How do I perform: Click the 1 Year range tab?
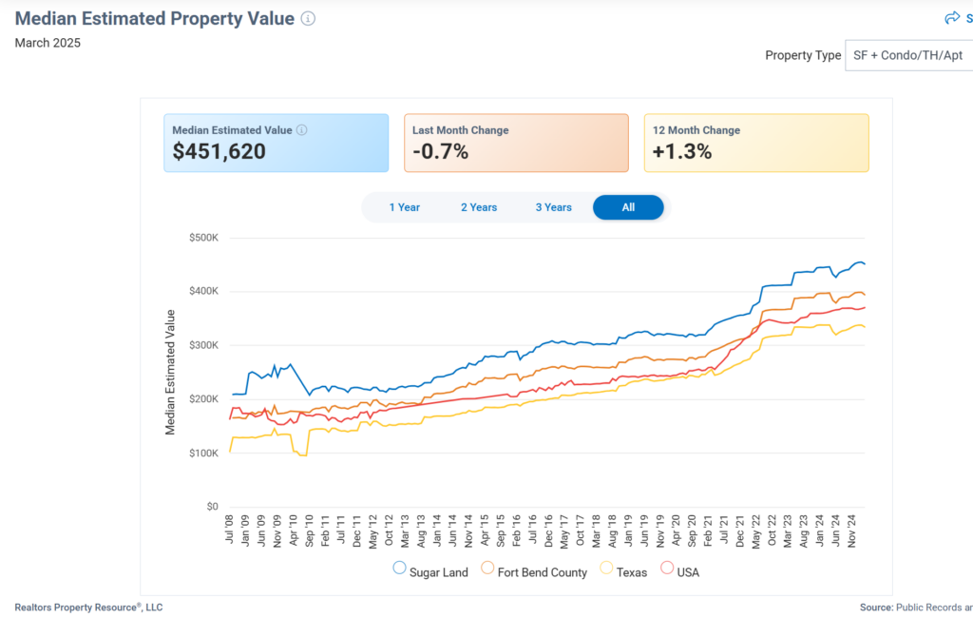click(404, 207)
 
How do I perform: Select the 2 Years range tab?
click(479, 207)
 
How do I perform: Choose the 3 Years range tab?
click(553, 207)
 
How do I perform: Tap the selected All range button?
click(628, 207)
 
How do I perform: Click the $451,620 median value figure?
click(219, 151)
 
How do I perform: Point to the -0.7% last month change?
click(440, 151)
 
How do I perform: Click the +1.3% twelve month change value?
click(682, 151)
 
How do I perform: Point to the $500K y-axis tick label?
click(203, 237)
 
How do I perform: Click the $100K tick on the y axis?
click(203, 454)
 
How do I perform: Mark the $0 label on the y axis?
click(212, 507)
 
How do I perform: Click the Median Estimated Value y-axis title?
click(171, 372)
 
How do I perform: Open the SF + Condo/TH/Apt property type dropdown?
click(907, 55)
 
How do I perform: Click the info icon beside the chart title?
click(308, 19)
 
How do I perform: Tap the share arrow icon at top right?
click(952, 18)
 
